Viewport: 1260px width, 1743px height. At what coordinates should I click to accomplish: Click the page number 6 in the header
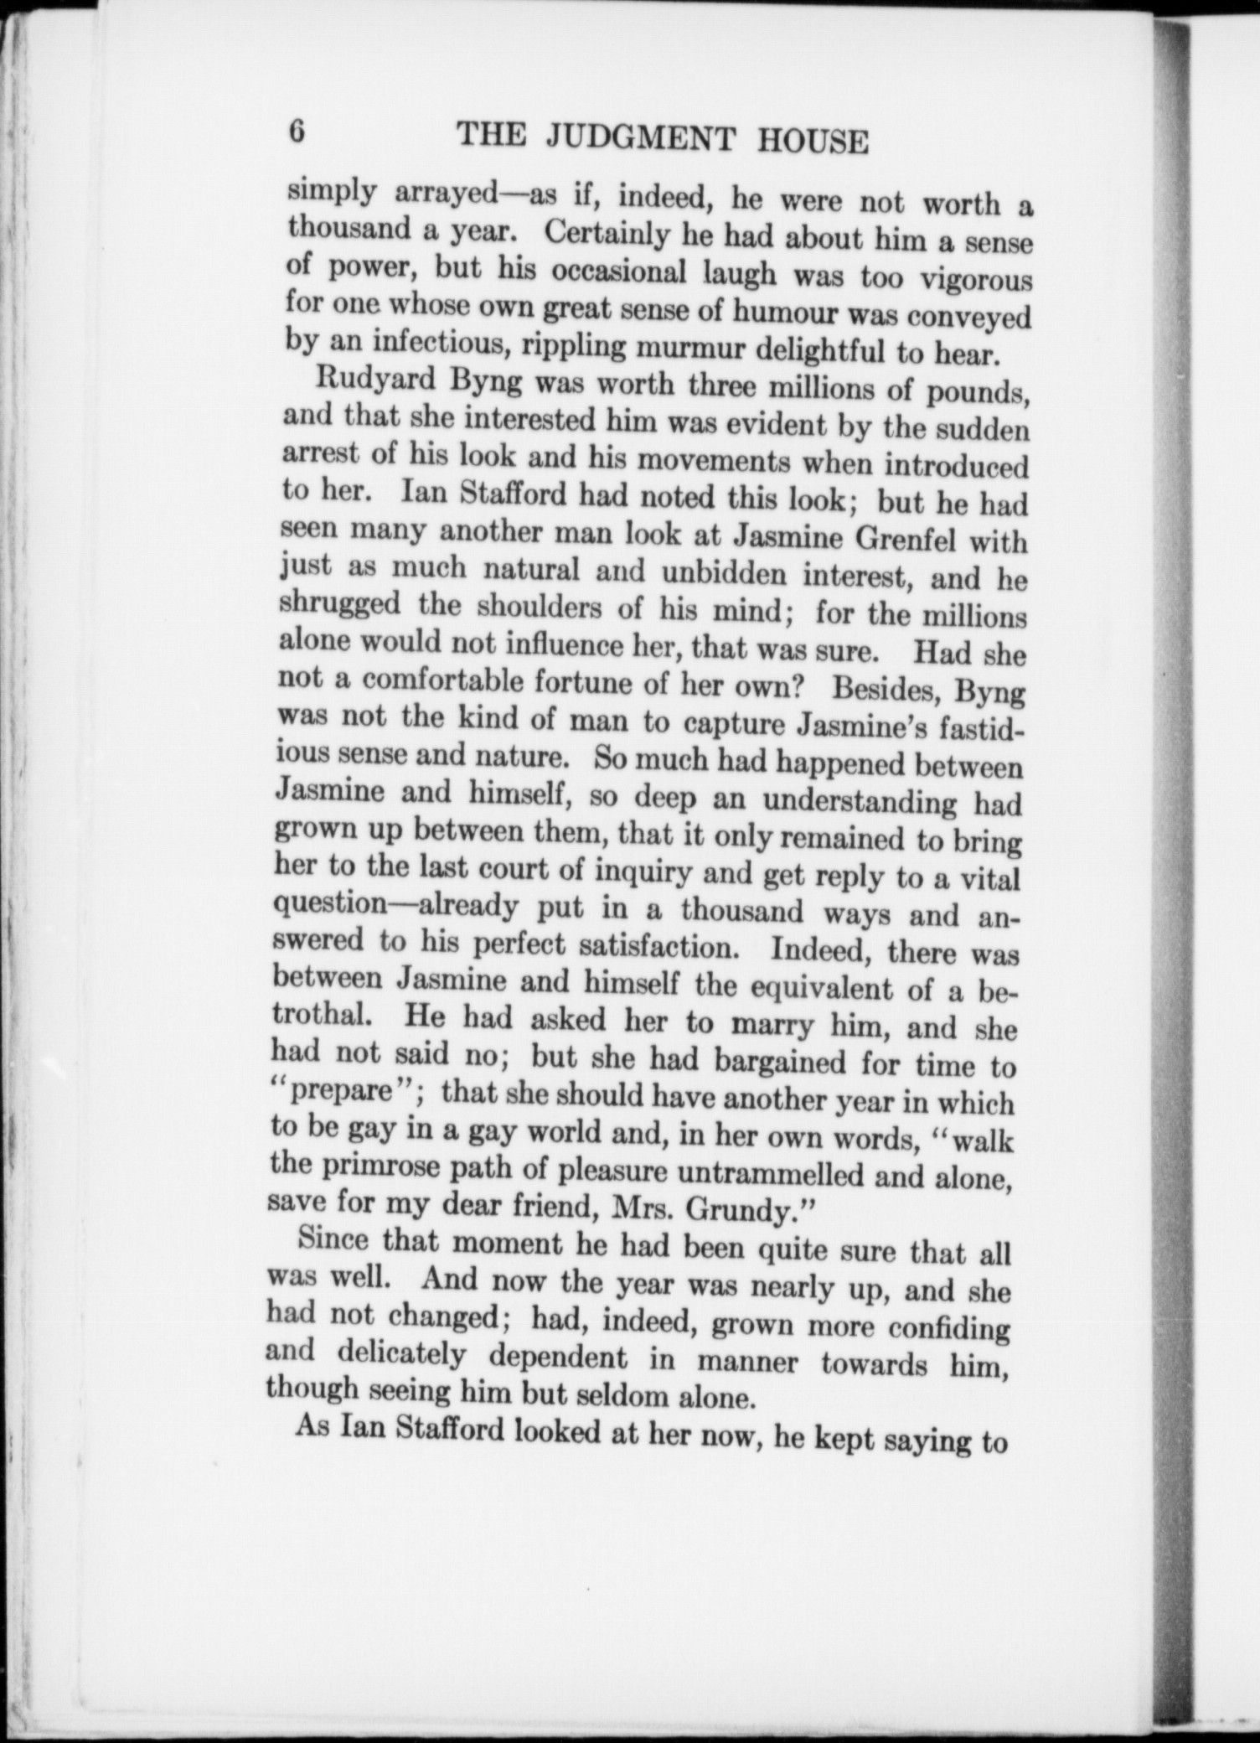(x=295, y=132)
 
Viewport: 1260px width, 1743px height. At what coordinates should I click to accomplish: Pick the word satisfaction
(x=653, y=948)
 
